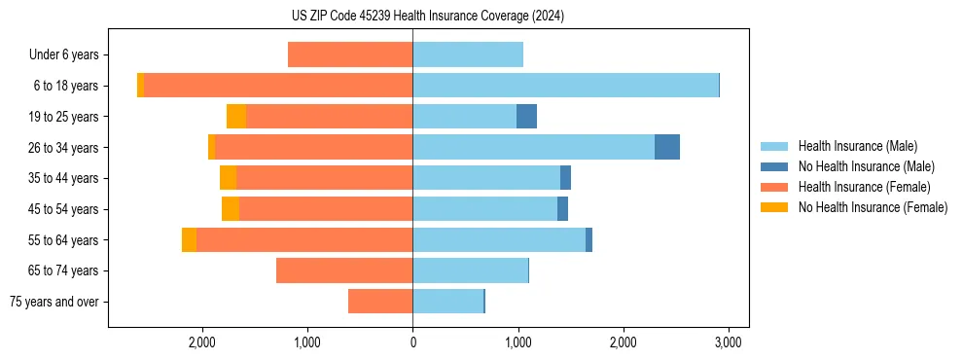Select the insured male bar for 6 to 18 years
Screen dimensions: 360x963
[565, 86]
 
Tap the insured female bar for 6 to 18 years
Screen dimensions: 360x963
[278, 86]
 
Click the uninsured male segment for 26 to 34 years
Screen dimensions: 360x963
[666, 147]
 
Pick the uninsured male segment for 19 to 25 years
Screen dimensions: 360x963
[526, 117]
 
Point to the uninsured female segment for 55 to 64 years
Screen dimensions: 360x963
[189, 239]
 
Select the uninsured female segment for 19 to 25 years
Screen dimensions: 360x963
[236, 117]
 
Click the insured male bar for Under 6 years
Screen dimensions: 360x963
[468, 54]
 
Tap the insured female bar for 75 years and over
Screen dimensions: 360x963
[380, 302]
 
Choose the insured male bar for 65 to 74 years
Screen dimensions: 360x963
[470, 270]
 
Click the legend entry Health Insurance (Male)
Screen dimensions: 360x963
[857, 146]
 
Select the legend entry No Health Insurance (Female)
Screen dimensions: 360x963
[873, 207]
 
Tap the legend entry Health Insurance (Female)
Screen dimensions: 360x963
[864, 187]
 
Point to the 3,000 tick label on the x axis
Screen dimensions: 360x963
[729, 342]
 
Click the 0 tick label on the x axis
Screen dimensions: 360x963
[412, 342]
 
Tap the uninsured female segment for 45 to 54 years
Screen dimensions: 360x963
[231, 209]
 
